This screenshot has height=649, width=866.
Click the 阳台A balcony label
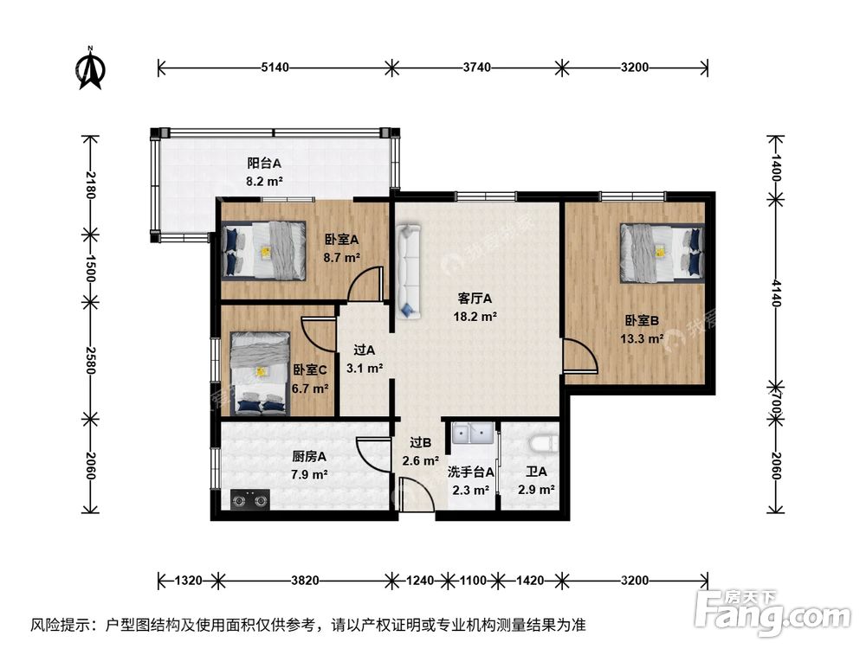[264, 163]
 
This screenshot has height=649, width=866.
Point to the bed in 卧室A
[264, 251]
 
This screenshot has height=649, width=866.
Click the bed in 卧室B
[662, 252]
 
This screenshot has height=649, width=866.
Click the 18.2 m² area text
[475, 317]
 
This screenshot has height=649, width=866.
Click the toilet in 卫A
[540, 444]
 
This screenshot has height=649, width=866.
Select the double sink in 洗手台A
[472, 434]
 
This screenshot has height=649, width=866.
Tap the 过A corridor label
[365, 351]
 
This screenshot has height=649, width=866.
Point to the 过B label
[421, 443]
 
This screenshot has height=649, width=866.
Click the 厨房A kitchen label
[309, 457]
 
